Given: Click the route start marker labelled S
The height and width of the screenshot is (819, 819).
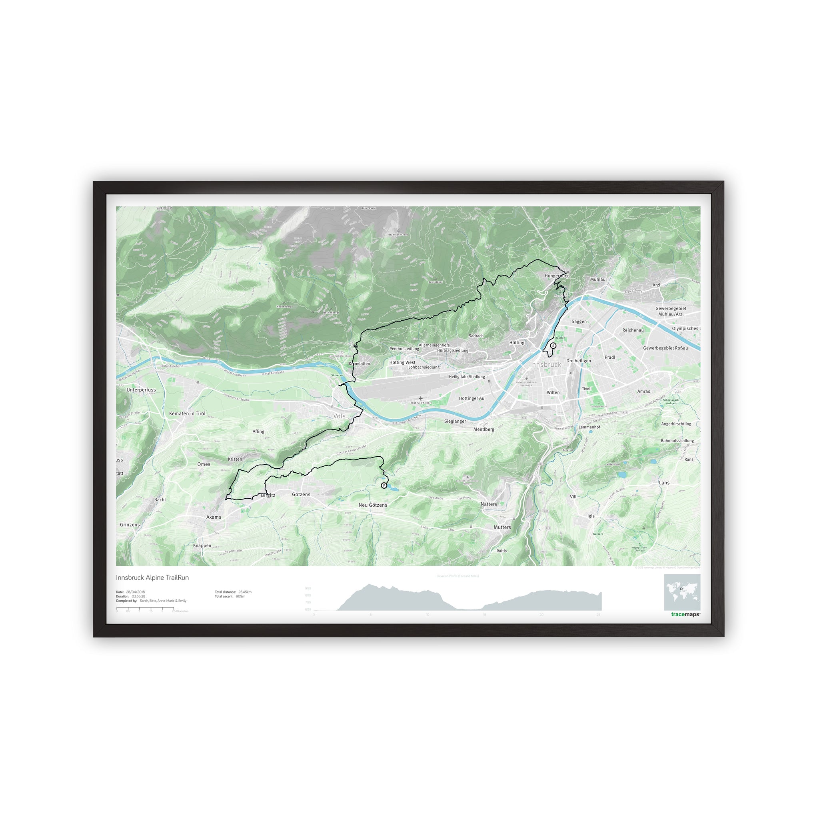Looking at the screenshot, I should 553,346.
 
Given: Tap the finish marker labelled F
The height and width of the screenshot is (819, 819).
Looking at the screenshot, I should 384,485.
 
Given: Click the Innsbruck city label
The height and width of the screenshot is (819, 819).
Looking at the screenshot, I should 545,365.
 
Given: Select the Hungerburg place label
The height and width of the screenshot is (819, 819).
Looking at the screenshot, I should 556,276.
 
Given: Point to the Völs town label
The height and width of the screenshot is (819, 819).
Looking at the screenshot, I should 339,416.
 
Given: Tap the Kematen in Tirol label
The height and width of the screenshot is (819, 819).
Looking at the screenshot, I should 187,413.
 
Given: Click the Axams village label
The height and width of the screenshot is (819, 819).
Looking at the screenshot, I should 214,517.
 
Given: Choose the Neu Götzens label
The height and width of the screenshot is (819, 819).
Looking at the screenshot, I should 373,505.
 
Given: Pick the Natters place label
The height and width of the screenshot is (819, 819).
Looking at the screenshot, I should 488,504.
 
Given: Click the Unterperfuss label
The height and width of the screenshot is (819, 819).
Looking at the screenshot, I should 141,390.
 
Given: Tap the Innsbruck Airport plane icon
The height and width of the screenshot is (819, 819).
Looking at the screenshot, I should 420,398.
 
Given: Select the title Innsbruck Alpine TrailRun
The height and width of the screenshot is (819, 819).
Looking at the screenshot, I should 152,577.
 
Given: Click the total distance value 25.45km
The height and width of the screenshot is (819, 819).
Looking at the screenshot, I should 245,592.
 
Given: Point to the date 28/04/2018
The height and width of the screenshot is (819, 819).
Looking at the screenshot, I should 135,592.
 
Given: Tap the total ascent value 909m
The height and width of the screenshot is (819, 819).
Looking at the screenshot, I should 240,596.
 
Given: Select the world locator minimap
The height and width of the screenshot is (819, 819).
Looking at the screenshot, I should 682,592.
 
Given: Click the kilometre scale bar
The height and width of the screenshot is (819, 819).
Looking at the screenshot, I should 145,608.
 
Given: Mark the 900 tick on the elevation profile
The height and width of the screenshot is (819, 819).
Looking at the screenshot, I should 308,588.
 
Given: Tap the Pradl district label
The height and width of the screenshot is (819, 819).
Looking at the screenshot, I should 609,358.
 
